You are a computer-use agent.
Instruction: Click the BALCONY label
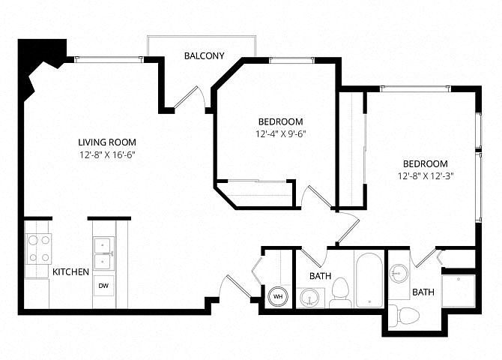click(x=204, y=55)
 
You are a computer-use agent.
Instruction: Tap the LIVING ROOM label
click(x=107, y=142)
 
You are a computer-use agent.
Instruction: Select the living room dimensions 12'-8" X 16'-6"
click(x=107, y=155)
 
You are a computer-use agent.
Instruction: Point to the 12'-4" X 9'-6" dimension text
click(x=280, y=134)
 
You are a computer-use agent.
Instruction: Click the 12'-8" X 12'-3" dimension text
click(x=426, y=176)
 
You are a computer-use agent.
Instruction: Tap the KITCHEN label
click(x=70, y=271)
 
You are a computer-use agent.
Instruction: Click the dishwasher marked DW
click(x=103, y=286)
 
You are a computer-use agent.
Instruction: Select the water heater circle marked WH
click(x=277, y=296)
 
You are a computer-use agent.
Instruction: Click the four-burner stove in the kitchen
click(x=38, y=249)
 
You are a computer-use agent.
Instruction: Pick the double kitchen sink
click(x=103, y=253)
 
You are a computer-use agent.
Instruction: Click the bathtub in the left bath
click(x=369, y=280)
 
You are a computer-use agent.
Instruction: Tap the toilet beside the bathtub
click(x=340, y=292)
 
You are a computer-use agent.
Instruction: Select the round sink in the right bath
click(x=399, y=274)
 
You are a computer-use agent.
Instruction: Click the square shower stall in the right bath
click(x=458, y=291)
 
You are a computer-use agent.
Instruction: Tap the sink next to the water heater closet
click(x=310, y=298)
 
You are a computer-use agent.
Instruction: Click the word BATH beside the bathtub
click(x=320, y=276)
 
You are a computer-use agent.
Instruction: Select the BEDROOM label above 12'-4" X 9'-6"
click(x=280, y=121)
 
